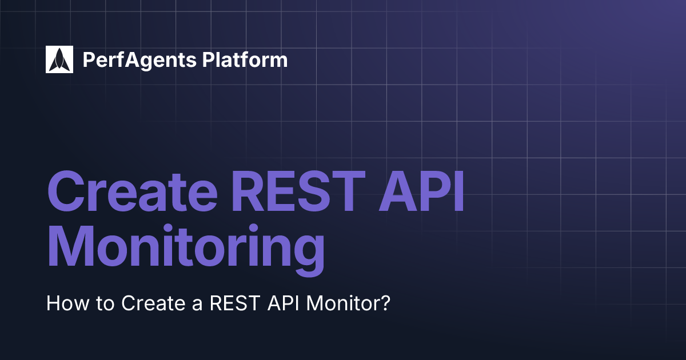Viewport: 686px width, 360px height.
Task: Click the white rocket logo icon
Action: (59, 59)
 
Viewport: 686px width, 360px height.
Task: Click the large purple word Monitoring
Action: (186, 249)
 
